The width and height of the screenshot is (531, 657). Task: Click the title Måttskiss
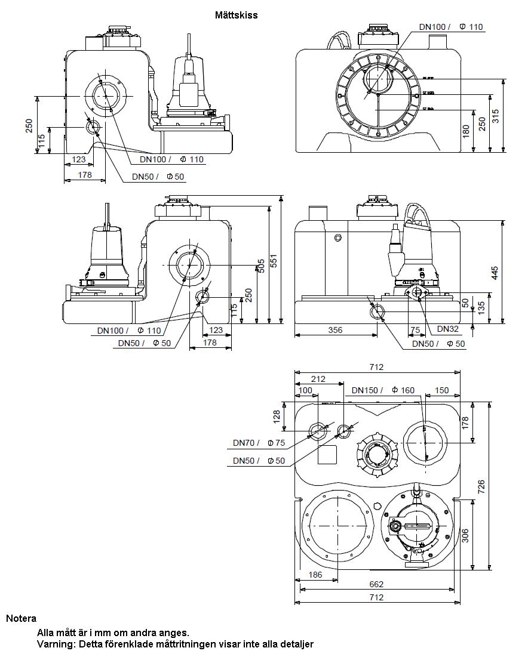(x=237, y=15)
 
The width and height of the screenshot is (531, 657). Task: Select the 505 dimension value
(x=260, y=266)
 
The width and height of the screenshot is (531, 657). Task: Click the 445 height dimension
(x=495, y=272)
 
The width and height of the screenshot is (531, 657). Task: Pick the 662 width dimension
(x=376, y=584)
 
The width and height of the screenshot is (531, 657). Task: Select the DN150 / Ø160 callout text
(x=383, y=390)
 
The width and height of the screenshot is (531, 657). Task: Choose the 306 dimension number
(x=466, y=535)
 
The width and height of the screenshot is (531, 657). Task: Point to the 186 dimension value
(x=315, y=575)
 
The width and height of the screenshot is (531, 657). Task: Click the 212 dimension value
(x=318, y=378)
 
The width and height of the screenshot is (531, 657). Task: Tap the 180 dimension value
(x=466, y=131)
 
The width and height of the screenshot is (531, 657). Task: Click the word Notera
(x=22, y=618)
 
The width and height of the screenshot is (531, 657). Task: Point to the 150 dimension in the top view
(x=441, y=390)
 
